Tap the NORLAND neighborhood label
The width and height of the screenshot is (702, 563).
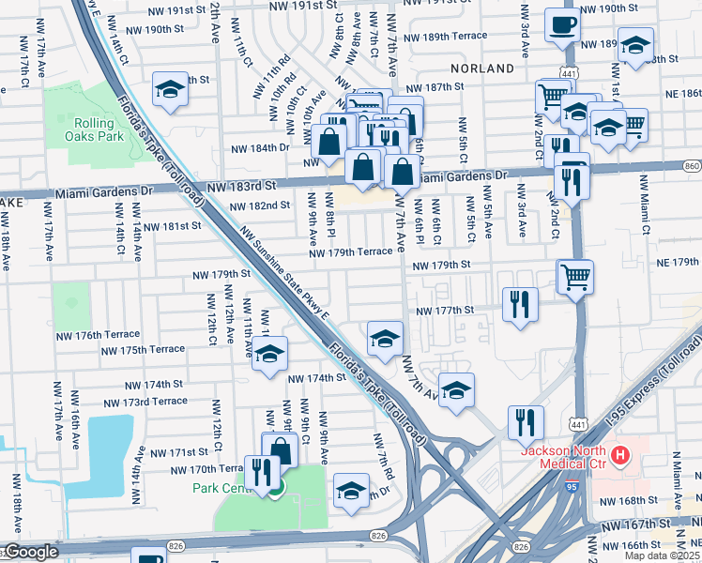pyautogui.click(x=482, y=68)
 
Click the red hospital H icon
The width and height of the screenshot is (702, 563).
pyautogui.click(x=619, y=457)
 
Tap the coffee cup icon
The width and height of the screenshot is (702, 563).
pyautogui.click(x=562, y=25)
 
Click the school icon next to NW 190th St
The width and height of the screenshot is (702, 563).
pyautogui.click(x=635, y=46)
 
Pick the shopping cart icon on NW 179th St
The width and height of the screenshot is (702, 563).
pyautogui.click(x=575, y=277)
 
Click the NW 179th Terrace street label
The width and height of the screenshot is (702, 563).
pyautogui.click(x=351, y=251)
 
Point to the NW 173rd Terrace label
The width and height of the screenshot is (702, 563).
pyautogui.click(x=155, y=401)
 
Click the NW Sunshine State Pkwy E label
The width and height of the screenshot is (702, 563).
pyautogui.click(x=283, y=273)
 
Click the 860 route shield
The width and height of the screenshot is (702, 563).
pyautogui.click(x=692, y=166)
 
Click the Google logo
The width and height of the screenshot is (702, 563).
pyautogui.click(x=31, y=553)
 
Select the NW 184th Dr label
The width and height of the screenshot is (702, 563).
pyautogui.click(x=257, y=148)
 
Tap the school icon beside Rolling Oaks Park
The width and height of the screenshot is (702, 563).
pyautogui.click(x=171, y=90)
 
